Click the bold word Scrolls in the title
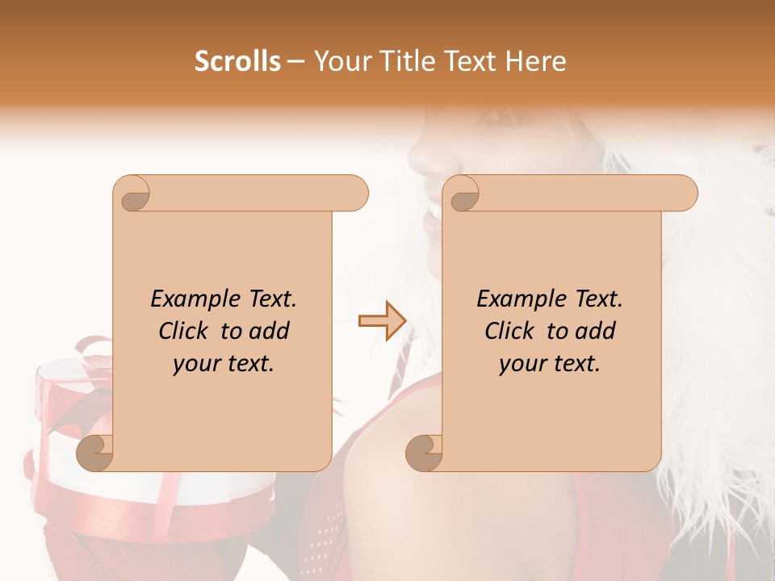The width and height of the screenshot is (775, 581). pyautogui.click(x=238, y=61)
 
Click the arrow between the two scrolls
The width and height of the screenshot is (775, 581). pyautogui.click(x=382, y=321)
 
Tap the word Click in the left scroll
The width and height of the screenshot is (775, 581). pyautogui.click(x=184, y=331)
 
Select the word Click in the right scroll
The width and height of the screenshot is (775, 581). pyautogui.click(x=510, y=331)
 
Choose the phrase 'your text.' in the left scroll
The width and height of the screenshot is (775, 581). pyautogui.click(x=224, y=364)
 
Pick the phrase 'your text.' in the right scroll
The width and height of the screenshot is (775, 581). pyautogui.click(x=550, y=364)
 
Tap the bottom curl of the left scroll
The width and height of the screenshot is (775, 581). pyautogui.click(x=96, y=452)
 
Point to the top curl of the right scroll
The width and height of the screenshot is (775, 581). pyautogui.click(x=463, y=194)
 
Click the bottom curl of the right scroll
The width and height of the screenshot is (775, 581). pyautogui.click(x=424, y=452)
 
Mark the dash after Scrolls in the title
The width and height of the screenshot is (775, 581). pyautogui.click(x=295, y=61)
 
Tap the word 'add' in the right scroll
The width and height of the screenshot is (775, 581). pyautogui.click(x=596, y=331)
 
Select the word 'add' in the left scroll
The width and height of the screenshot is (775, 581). pyautogui.click(x=270, y=331)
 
